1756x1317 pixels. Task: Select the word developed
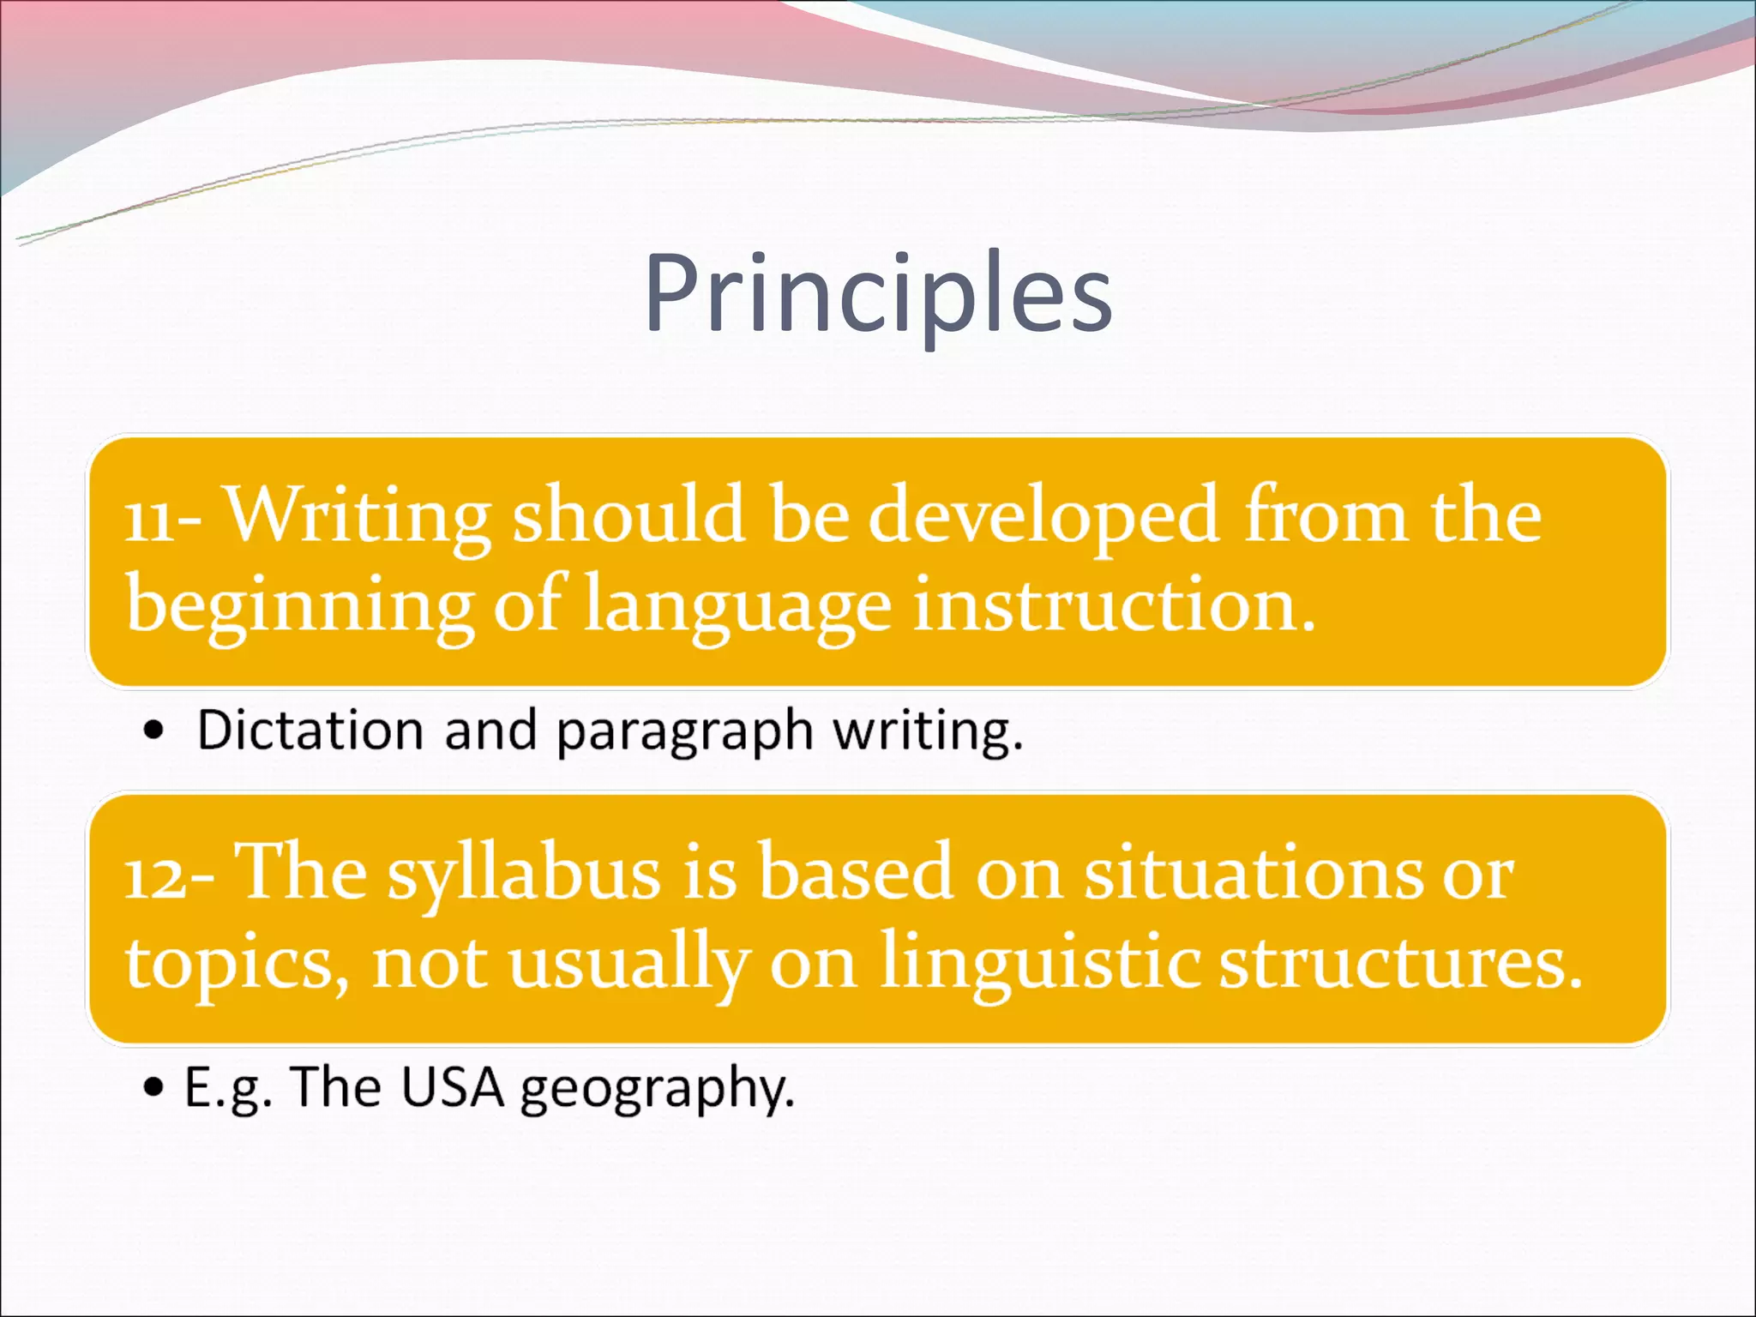pyautogui.click(x=1043, y=517)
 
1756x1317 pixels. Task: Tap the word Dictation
pyautogui.click(x=310, y=731)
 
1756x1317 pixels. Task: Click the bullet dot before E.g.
pyautogui.click(x=153, y=1088)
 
